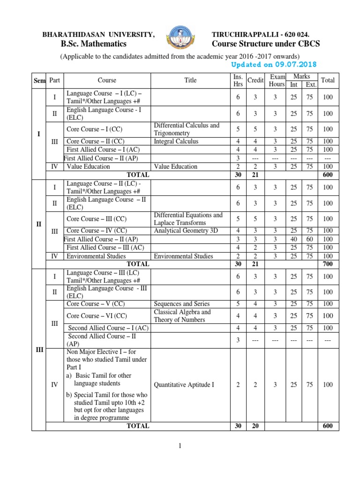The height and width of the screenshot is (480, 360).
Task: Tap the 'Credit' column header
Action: point(255,80)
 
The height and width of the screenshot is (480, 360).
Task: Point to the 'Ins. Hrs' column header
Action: point(238,80)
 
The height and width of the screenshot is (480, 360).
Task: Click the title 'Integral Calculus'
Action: point(176,141)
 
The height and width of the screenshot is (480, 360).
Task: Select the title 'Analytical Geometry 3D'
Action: point(185,231)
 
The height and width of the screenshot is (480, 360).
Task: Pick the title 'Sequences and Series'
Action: point(181,304)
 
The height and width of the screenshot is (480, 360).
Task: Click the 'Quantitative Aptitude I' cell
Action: point(184,385)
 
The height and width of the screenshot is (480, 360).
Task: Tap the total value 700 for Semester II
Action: point(328,264)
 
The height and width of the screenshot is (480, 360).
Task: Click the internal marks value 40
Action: point(293,239)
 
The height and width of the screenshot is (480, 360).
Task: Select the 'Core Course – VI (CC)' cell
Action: point(97,316)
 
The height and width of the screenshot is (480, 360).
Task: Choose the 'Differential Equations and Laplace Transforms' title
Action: point(188,219)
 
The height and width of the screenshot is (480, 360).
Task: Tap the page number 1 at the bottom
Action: point(180,447)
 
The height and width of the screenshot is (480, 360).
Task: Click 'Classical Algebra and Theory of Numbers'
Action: point(182,316)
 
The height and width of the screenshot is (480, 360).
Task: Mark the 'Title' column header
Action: point(190,80)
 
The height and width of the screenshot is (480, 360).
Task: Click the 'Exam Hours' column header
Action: point(277,80)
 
